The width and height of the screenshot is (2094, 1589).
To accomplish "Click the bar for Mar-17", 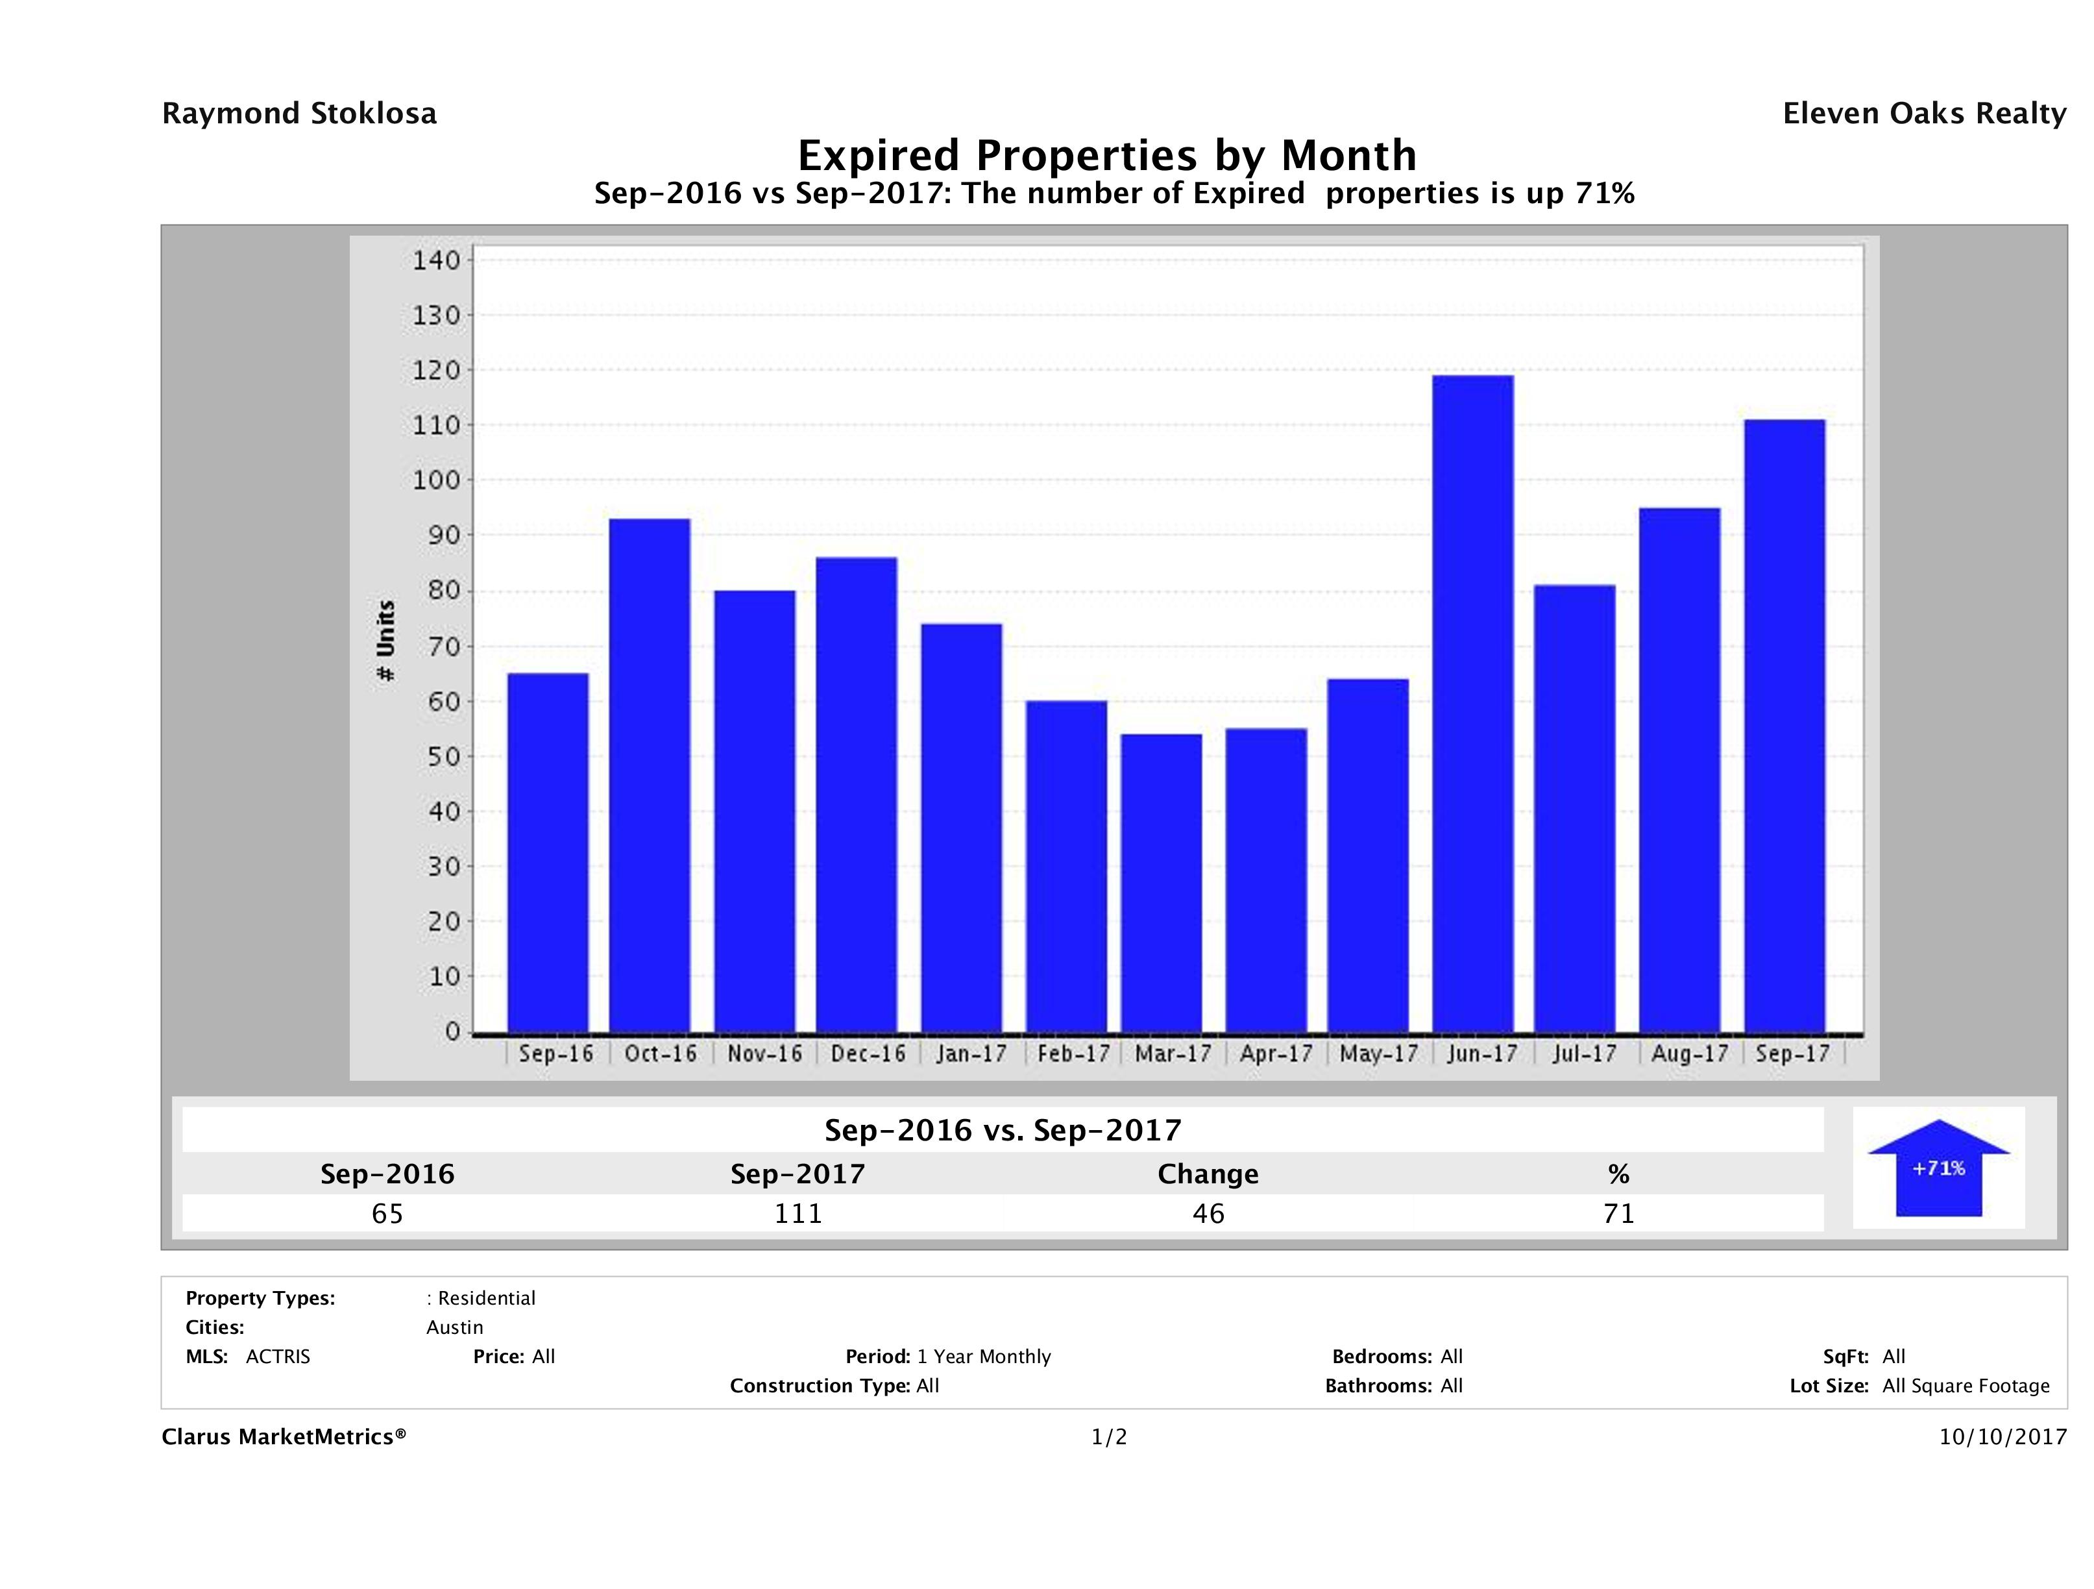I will (x=1162, y=883).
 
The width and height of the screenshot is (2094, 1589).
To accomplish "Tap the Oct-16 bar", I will (x=650, y=776).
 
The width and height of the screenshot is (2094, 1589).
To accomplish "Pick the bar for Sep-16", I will (x=548, y=852).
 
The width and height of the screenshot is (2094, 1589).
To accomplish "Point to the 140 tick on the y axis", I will (x=435, y=260).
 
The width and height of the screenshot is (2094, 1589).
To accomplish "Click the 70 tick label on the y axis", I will (x=435, y=647).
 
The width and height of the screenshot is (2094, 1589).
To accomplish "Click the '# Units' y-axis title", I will (x=385, y=641).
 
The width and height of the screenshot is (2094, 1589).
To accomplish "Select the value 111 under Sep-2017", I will (x=798, y=1213).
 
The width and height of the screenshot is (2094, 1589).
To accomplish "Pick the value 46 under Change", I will (x=1208, y=1213).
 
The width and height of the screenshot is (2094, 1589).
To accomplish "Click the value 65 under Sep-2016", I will (x=387, y=1213).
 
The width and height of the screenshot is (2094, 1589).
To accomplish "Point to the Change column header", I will (x=1208, y=1174).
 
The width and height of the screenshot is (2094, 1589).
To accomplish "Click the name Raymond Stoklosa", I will (x=299, y=114).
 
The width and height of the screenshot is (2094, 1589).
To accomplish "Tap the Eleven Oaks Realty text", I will (x=1923, y=114).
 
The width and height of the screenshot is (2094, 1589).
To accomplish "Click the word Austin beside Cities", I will (x=454, y=1327).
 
